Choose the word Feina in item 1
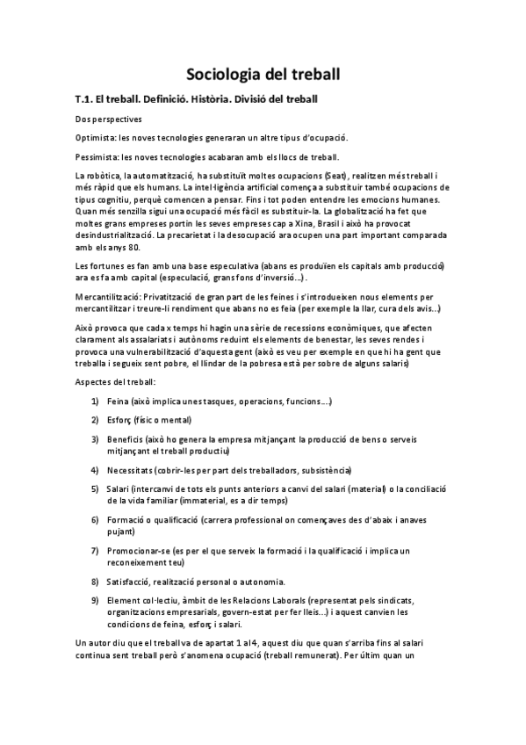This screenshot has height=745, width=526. (x=119, y=401)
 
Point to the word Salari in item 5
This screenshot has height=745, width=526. (x=119, y=488)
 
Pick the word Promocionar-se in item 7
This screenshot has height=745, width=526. (x=139, y=550)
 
